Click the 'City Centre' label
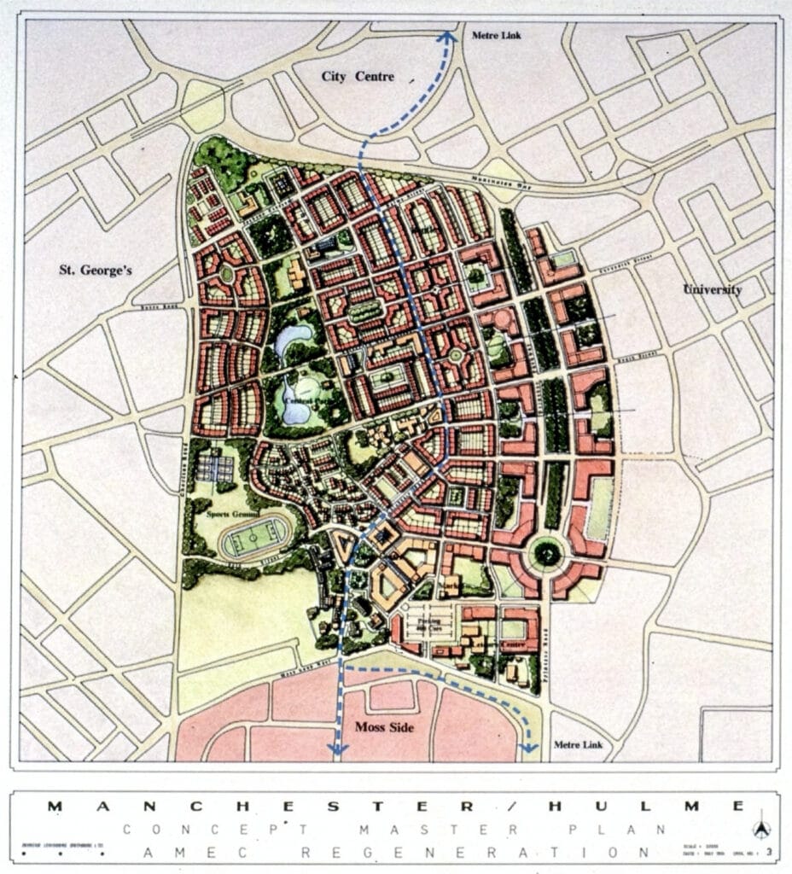[x=358, y=77]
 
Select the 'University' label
[x=712, y=289]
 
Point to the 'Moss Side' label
[x=385, y=726]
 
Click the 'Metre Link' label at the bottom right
[x=579, y=745]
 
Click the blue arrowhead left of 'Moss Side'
[x=338, y=749]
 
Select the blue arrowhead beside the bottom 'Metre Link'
[x=529, y=748]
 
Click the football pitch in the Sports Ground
[x=256, y=540]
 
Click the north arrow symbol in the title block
[x=762, y=829]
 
